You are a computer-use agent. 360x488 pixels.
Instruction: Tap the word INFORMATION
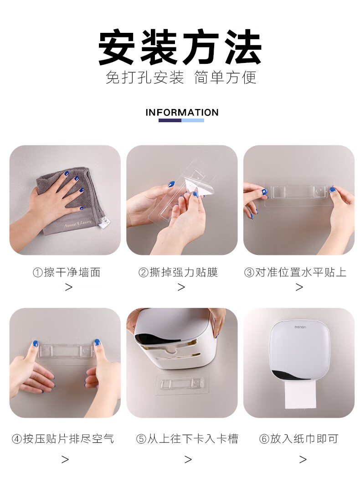182,112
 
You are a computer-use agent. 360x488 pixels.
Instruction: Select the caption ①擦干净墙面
67,272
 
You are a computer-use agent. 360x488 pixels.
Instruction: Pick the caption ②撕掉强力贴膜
178,272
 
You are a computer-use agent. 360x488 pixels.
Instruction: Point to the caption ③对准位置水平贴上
295,272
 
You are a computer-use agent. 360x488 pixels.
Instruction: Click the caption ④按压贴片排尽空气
63,439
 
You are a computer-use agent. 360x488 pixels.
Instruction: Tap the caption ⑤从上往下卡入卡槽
187,439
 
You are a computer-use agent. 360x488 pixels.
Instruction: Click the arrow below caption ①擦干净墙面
69,287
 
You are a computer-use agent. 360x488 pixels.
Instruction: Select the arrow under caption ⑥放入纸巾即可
303,459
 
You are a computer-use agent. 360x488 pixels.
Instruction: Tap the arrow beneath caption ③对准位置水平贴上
299,287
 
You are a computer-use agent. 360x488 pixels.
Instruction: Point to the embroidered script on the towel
78,223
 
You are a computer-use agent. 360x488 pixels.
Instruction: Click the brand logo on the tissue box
300,327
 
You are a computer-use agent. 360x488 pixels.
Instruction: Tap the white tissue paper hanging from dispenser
300,394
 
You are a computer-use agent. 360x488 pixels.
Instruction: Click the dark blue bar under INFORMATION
170,120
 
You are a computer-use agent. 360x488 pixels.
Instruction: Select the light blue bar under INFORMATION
193,120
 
